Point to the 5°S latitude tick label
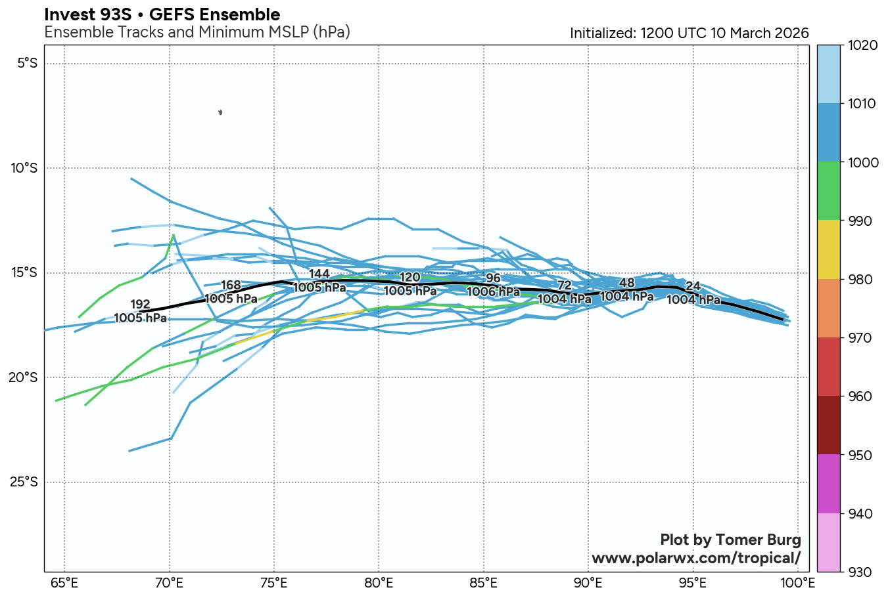pos(27,64)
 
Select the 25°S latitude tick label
pos(24,482)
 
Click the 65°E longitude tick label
pos(64,583)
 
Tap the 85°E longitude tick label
pos(484,583)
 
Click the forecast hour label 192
pos(141,305)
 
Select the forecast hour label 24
pos(693,286)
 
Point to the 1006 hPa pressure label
pos(493,291)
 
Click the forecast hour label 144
pos(319,274)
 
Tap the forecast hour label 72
pos(564,285)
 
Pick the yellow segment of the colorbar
pos(828,250)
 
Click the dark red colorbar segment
pos(828,425)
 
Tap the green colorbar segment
pos(828,191)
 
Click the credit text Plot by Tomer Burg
pos(730,540)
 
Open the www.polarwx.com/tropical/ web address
pos(696,558)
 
